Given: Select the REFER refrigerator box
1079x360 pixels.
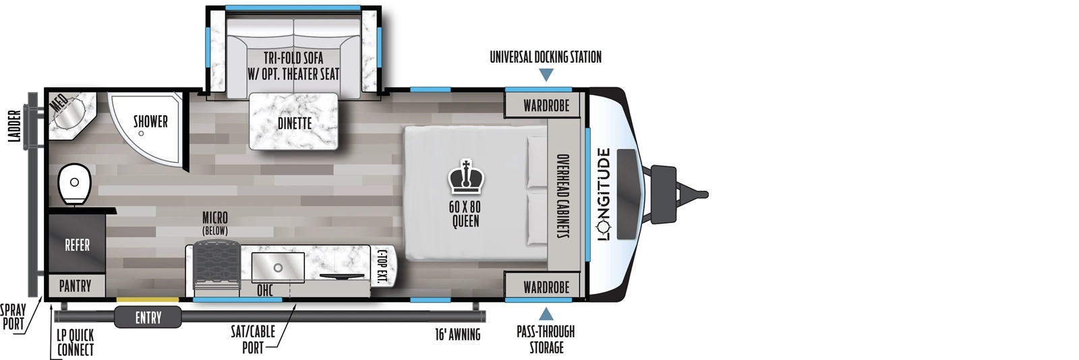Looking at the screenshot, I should point(77,245).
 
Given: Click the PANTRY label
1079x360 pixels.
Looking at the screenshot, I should point(75,286).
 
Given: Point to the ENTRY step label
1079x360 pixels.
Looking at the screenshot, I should point(148,317).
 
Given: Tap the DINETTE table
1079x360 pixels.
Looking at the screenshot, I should point(295,122).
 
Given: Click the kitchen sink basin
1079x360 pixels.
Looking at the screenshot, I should point(278,268).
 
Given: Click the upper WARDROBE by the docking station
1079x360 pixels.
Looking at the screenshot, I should point(546,105).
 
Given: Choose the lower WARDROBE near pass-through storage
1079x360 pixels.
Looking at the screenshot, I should point(546,287).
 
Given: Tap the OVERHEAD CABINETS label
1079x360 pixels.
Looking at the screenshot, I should point(562,196).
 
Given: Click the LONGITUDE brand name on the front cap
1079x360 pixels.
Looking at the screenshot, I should point(604,194).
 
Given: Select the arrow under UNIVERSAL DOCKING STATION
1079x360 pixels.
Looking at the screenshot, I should point(546,74).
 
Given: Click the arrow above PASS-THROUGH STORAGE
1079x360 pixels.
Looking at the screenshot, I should point(546,313).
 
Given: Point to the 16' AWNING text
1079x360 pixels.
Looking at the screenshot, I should point(457,334).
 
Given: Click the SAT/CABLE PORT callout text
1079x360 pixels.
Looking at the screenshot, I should point(253,339).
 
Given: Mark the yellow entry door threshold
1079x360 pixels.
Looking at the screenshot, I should point(147,299).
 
